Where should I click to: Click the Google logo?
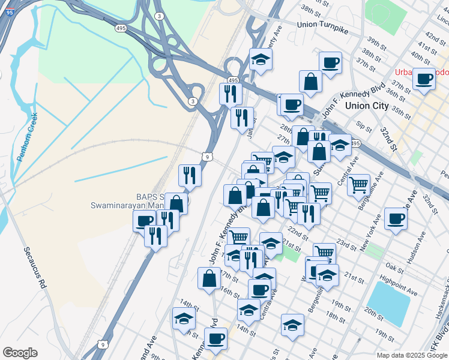click(x=20, y=353)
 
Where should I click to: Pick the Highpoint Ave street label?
click(x=398, y=283)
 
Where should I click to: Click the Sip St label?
click(x=364, y=127)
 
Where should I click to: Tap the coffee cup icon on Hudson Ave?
click(x=396, y=218)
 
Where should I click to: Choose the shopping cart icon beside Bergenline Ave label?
click(x=358, y=184)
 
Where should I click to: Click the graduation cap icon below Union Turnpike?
click(x=261, y=59)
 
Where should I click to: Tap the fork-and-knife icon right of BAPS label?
click(x=188, y=175)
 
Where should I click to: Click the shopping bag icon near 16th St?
click(x=209, y=278)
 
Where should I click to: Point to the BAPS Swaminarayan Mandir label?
click(x=127, y=201)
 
